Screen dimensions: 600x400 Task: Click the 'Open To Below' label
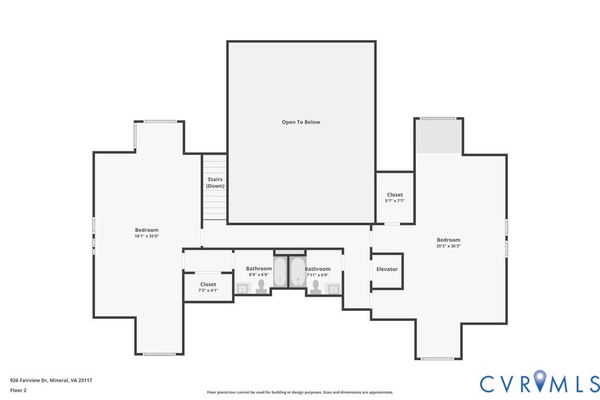(x=301, y=122)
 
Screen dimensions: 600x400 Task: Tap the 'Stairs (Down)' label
(x=215, y=182)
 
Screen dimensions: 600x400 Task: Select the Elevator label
(x=387, y=269)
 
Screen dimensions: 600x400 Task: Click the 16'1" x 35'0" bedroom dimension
(x=146, y=237)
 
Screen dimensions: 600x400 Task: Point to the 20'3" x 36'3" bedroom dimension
(x=448, y=247)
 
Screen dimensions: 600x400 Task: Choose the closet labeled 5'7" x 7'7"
(x=395, y=197)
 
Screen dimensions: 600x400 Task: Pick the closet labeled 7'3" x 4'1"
(x=208, y=287)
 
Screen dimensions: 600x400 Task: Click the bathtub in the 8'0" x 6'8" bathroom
(x=280, y=272)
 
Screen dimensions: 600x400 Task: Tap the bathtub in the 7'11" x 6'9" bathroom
(x=297, y=272)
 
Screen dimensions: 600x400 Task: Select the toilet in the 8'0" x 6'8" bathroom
(x=262, y=287)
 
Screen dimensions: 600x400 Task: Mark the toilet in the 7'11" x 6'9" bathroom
(x=316, y=287)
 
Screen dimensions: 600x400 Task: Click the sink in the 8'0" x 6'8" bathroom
(x=243, y=289)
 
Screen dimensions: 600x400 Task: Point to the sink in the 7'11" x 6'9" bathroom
(x=334, y=289)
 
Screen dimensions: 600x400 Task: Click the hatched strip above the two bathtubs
(x=289, y=252)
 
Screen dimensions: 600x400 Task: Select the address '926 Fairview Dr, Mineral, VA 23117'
(x=52, y=381)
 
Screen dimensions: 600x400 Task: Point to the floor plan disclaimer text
(x=300, y=392)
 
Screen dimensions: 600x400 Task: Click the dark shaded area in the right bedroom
(x=439, y=136)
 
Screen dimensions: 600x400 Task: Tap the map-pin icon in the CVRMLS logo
(x=540, y=381)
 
